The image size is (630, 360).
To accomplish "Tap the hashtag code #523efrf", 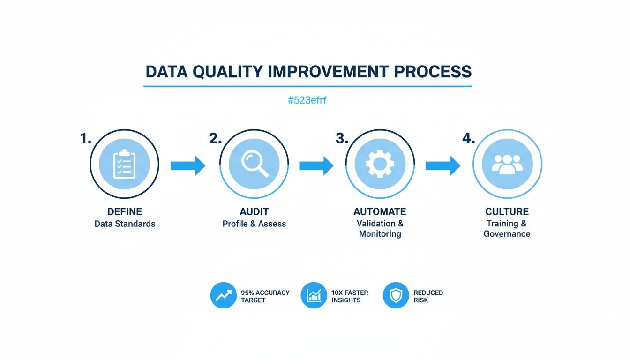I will pos(307,100).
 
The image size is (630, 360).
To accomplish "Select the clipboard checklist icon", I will pos(124,164).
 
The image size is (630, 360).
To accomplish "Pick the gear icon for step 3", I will pos(380,164).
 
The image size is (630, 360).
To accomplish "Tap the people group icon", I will pos(507,164).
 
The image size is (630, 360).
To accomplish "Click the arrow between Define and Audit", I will pos(188,165).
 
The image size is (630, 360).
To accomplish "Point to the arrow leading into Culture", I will pos(443,165).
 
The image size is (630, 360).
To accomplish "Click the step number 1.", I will pos(85,139).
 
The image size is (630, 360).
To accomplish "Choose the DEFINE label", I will pos(125,212).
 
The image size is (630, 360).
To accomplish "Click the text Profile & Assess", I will pos(254,224).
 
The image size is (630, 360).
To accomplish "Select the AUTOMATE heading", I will pos(380,212).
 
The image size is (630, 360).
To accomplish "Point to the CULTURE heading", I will pos(507,212).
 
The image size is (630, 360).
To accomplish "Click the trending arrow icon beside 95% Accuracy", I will pos(224,296).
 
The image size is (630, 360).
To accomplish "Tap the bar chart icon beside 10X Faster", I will pos(314,296).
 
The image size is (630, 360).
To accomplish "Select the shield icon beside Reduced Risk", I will pos(396,296).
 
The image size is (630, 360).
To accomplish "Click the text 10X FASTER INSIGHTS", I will pos(350,296).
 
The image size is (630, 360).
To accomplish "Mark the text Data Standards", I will pos(125,224).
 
